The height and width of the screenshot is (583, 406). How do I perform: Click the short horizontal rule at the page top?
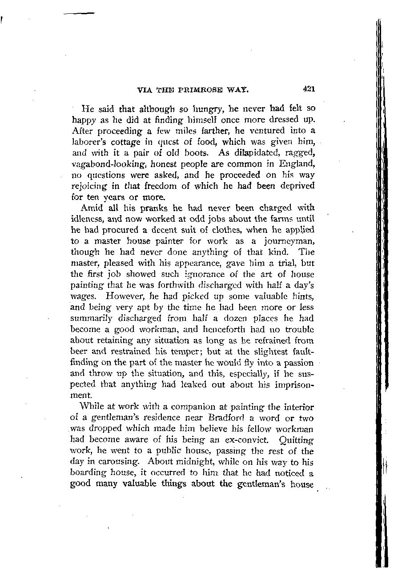click(79, 14)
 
